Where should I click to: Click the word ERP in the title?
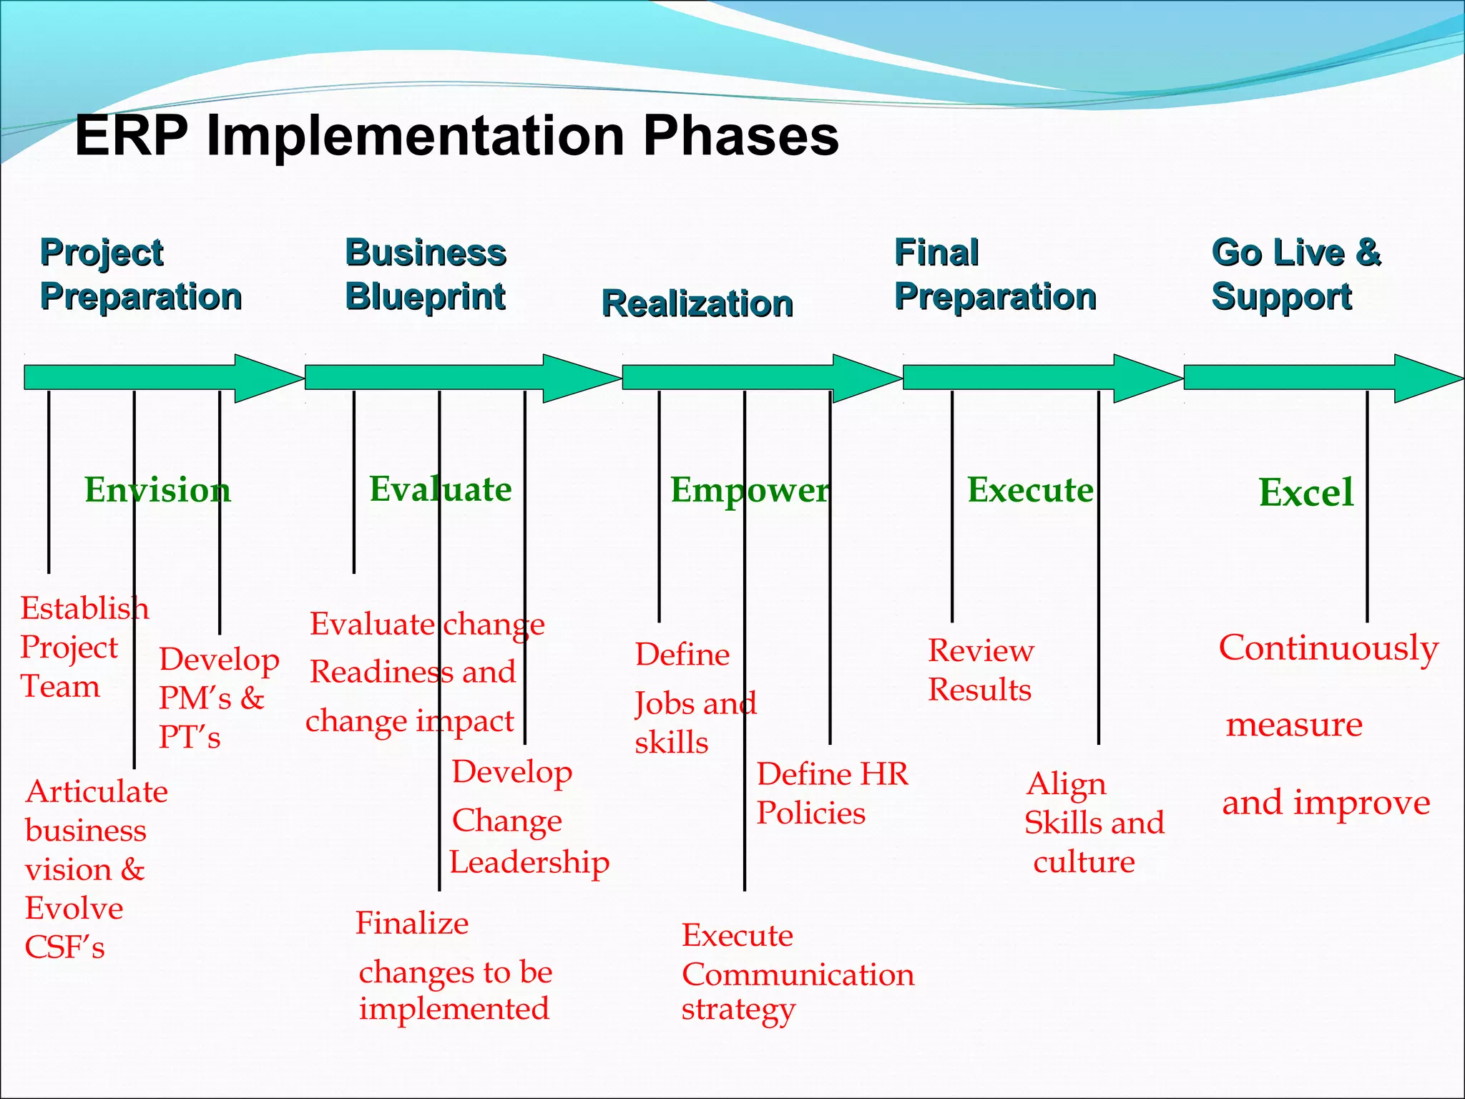(132, 136)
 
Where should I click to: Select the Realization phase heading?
(697, 304)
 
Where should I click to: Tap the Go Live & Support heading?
(1295, 274)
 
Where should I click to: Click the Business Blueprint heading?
(426, 274)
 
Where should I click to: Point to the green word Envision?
(157, 490)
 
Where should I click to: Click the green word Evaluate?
(441, 489)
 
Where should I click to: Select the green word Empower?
(750, 491)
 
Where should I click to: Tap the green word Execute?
(1030, 490)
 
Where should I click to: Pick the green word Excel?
(1305, 493)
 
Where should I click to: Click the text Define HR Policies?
(831, 793)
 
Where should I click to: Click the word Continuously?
(1328, 648)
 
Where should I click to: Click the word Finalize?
(412, 923)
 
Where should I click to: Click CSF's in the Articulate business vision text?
(64, 947)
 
